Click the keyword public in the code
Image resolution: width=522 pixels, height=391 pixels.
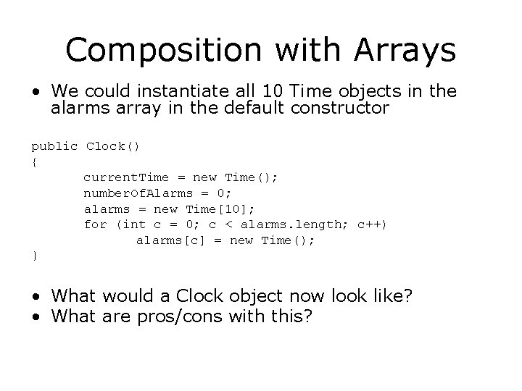[54, 146]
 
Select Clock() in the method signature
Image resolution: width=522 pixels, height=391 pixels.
[113, 146]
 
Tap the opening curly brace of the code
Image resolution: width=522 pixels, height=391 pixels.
[34, 162]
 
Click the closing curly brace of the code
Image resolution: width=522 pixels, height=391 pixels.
[34, 256]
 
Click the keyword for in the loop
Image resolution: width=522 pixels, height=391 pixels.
[95, 224]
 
